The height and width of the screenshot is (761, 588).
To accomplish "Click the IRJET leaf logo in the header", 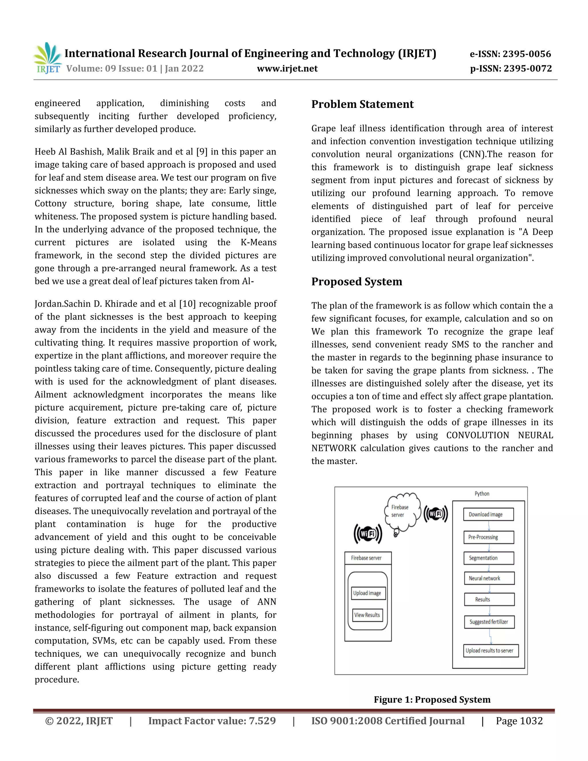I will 48,57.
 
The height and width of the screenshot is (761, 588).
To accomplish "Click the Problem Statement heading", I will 362,104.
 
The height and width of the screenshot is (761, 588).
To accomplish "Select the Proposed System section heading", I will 356,281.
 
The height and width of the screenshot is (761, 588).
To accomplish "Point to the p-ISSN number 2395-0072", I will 528,69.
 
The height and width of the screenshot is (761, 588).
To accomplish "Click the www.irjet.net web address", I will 287,69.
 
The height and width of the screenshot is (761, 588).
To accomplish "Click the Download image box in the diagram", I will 488,514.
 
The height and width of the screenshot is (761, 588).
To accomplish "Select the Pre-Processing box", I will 488,537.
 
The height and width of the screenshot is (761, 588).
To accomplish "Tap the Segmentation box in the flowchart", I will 488,558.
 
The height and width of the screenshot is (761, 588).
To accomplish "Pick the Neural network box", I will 489,578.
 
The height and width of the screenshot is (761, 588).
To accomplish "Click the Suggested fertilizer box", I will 489,622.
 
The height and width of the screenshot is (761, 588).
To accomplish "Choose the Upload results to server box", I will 490,650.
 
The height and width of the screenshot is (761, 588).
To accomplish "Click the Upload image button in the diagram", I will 367,593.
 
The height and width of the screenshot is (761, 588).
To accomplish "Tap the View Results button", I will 367,615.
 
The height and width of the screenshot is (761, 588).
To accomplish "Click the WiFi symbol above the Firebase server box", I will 368,534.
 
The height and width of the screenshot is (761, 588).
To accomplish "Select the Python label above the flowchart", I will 482,494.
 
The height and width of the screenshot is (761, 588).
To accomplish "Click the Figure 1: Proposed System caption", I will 432,699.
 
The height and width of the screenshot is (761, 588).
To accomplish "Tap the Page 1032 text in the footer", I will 519,721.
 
